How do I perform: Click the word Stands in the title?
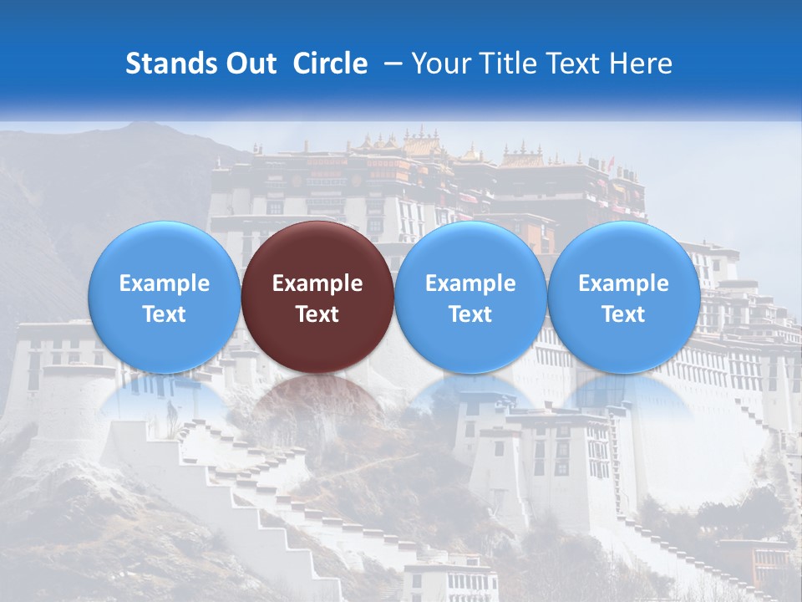point(165,64)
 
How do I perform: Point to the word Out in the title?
point(249,64)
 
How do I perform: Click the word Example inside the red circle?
point(317,283)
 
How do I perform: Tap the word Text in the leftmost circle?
point(164,314)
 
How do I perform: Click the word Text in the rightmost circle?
point(623,314)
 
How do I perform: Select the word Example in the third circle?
point(470,283)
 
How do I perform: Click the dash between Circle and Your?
point(389,64)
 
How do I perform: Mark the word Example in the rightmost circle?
point(623,283)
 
